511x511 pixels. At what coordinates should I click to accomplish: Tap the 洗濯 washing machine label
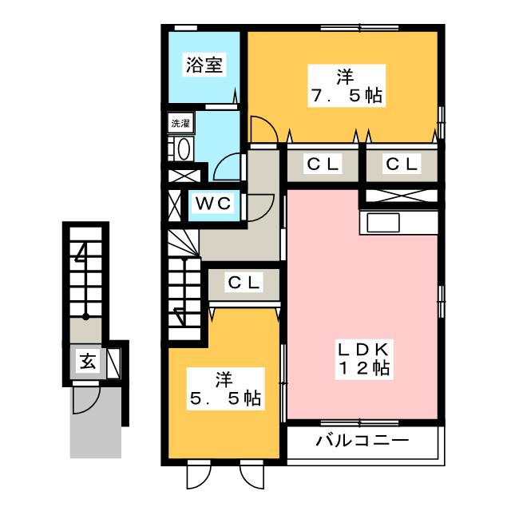[180, 124]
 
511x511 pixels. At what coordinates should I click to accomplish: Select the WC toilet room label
[214, 204]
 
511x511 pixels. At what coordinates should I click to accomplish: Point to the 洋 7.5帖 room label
[345, 87]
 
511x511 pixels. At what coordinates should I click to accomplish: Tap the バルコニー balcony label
[362, 441]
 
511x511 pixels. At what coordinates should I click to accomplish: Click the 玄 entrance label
[86, 361]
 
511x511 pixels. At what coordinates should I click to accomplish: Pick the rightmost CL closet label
[402, 164]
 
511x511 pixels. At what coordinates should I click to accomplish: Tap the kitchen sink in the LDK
[383, 222]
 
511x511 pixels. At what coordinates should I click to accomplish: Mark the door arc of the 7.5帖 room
[263, 130]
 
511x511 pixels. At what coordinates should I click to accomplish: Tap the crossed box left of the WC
[175, 203]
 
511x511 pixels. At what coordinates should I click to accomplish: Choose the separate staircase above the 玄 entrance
[86, 271]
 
